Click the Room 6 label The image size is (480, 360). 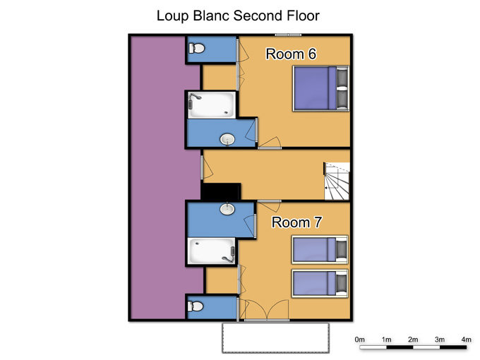[x=291, y=54]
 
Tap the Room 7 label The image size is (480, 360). [x=296, y=222]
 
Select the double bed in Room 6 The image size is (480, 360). [x=320, y=88]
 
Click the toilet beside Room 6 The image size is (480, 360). [x=196, y=48]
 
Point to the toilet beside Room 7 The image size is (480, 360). [x=196, y=306]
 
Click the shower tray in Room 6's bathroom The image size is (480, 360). [x=212, y=105]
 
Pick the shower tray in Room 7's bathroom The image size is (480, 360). [x=211, y=251]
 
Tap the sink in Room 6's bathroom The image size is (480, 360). [x=227, y=140]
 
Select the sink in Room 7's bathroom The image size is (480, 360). [x=227, y=209]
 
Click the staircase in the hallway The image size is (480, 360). [x=337, y=181]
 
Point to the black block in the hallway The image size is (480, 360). [x=221, y=191]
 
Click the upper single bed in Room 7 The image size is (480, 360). [x=320, y=249]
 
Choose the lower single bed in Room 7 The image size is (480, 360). [x=320, y=284]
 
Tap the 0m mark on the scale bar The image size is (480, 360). [x=360, y=347]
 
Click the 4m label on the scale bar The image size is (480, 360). [x=466, y=340]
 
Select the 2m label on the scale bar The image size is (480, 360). [x=413, y=340]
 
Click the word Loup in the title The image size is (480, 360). [x=172, y=16]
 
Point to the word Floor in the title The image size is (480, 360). [x=303, y=16]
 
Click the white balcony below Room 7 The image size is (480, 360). [x=275, y=337]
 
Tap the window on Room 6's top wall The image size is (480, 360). [x=288, y=35]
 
